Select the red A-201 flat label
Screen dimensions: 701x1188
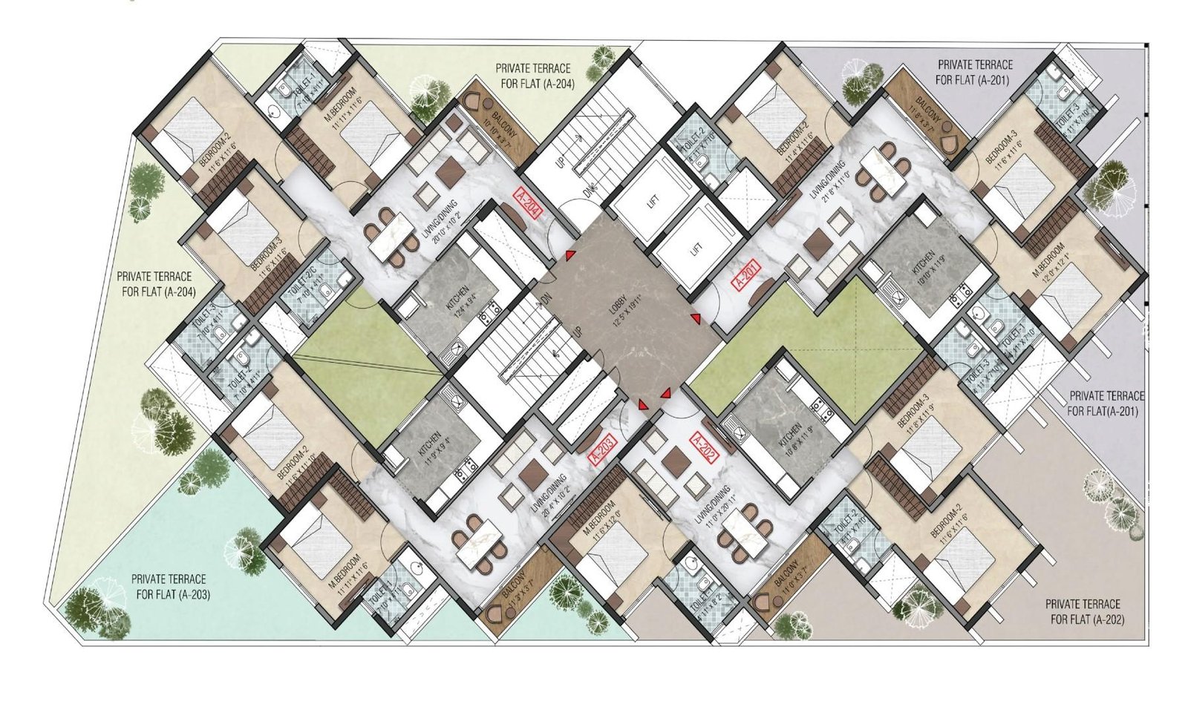point(746,275)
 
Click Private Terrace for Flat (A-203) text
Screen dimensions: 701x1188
point(169,586)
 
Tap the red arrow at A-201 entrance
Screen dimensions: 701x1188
point(696,319)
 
